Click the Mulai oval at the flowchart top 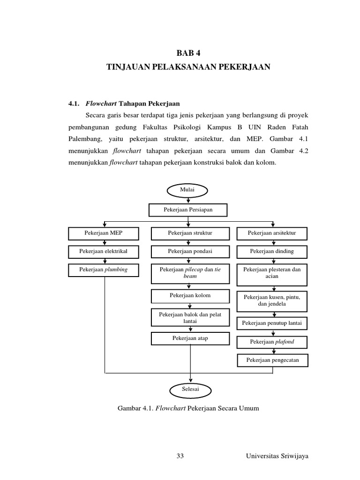pyautogui.click(x=187, y=190)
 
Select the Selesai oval pyautogui.click(x=190, y=389)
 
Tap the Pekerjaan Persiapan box pyautogui.click(x=187, y=210)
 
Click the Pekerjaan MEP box pyautogui.click(x=104, y=233)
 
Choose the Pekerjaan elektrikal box pyautogui.click(x=104, y=251)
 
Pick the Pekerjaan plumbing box pyautogui.click(x=104, y=270)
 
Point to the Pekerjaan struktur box pyautogui.click(x=190, y=233)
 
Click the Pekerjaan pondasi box pyautogui.click(x=190, y=251)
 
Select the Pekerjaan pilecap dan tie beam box pyautogui.click(x=190, y=273)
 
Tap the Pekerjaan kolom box pyautogui.click(x=190, y=296)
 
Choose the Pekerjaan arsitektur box pyautogui.click(x=272, y=233)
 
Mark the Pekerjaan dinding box pyautogui.click(x=272, y=251)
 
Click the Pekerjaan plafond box pyautogui.click(x=272, y=342)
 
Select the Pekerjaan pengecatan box pyautogui.click(x=272, y=360)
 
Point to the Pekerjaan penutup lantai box pyautogui.click(x=272, y=323)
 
